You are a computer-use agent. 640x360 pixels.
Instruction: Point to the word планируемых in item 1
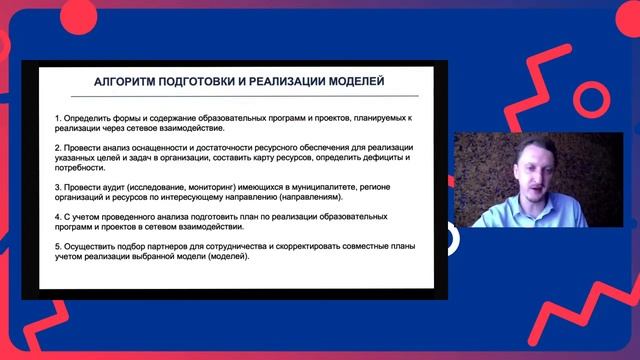pos(368,118)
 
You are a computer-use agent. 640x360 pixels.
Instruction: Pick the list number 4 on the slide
pos(58,216)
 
